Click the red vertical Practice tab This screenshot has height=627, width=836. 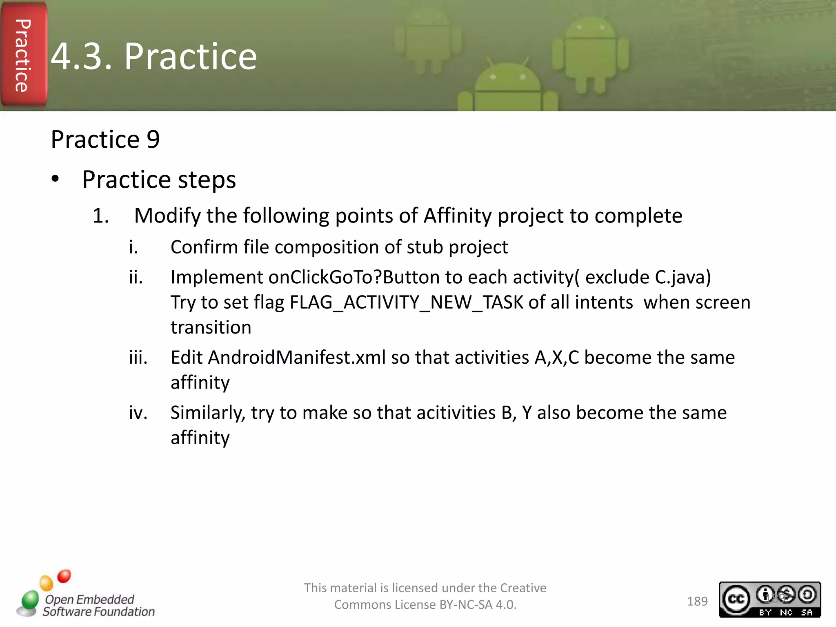[x=23, y=55]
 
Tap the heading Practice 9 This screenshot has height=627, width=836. [x=105, y=140]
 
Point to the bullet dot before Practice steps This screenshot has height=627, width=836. [x=56, y=179]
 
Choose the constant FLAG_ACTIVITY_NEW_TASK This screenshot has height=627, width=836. [x=407, y=302]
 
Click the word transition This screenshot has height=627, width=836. [x=211, y=328]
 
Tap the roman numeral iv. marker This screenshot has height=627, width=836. [x=138, y=413]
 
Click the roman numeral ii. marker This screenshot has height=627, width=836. [x=136, y=278]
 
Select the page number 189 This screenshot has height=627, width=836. [x=697, y=601]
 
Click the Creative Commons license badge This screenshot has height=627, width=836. [x=769, y=599]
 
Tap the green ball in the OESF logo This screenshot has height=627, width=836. [x=30, y=600]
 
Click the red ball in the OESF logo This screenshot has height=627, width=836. [x=64, y=576]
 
